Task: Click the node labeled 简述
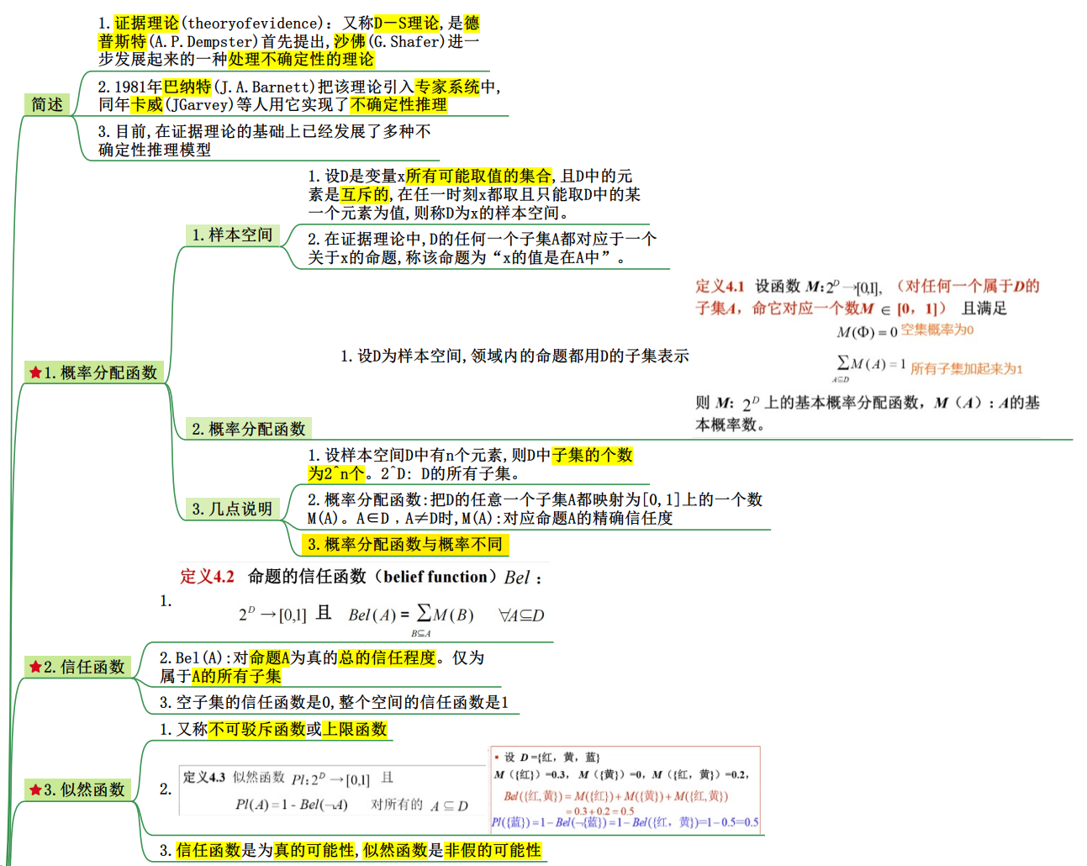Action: pos(47,104)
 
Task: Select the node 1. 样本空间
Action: pos(232,235)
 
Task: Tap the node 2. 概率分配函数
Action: pos(248,429)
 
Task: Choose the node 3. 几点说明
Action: pos(232,509)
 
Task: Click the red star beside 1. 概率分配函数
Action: pos(35,372)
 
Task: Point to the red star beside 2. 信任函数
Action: pos(35,667)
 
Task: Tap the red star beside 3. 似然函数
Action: pos(35,789)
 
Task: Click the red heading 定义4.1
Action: pos(720,286)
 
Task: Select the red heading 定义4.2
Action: pos(207,577)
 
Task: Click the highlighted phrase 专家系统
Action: pos(447,87)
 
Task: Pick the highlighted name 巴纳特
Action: pos(187,87)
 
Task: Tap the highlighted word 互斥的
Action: pos(365,194)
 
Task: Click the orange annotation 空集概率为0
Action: pos(937,330)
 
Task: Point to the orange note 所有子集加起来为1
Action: pos(966,369)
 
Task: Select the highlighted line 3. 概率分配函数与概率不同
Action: pos(405,544)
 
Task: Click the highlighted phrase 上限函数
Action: pos(355,729)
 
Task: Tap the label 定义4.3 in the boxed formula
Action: pos(204,778)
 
